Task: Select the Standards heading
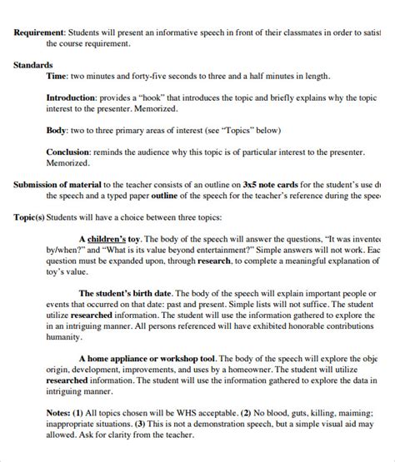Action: [x=33, y=64]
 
